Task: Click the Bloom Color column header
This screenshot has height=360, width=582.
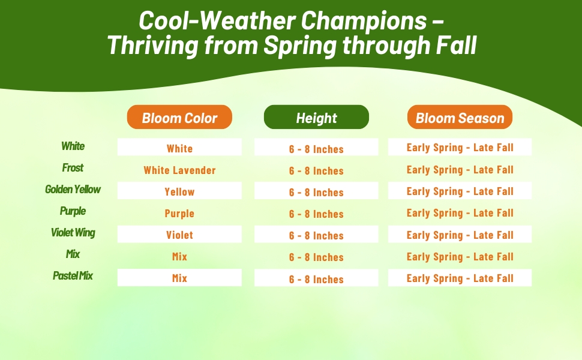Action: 179,117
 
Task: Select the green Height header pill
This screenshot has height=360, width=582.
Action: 316,117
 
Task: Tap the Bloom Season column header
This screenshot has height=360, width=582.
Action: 460,117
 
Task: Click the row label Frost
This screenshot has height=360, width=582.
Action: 73,168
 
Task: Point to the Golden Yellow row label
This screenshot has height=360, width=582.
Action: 73,189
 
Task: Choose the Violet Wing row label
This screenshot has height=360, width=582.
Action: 73,233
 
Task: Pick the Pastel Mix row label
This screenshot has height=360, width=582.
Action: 73,276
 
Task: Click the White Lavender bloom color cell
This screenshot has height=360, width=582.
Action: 179,170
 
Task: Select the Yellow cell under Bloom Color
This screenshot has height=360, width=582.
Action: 179,191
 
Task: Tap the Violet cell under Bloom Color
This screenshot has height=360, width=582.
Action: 179,234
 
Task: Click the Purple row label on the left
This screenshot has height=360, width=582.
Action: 73,211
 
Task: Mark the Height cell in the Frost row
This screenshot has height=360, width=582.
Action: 316,171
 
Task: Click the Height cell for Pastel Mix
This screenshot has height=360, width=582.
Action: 316,278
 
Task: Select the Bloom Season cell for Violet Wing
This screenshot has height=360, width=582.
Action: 460,234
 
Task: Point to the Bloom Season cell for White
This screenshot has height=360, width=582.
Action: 460,147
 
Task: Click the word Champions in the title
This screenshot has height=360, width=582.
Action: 364,21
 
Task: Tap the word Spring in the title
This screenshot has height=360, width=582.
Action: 300,46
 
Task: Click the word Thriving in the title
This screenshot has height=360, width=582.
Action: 153,46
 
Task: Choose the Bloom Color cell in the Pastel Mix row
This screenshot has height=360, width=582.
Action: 179,278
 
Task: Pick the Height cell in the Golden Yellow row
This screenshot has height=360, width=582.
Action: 316,191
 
